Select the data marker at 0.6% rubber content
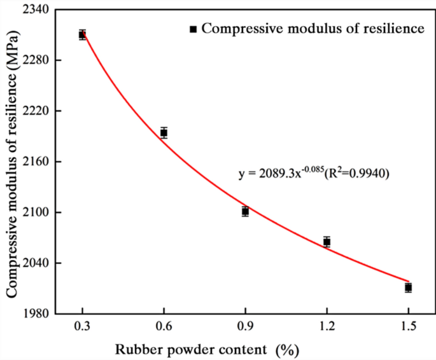coord(164,132)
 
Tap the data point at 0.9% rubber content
coord(245,211)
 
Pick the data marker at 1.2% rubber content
coord(327,242)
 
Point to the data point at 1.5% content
coord(408,287)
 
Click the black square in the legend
coord(194,29)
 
